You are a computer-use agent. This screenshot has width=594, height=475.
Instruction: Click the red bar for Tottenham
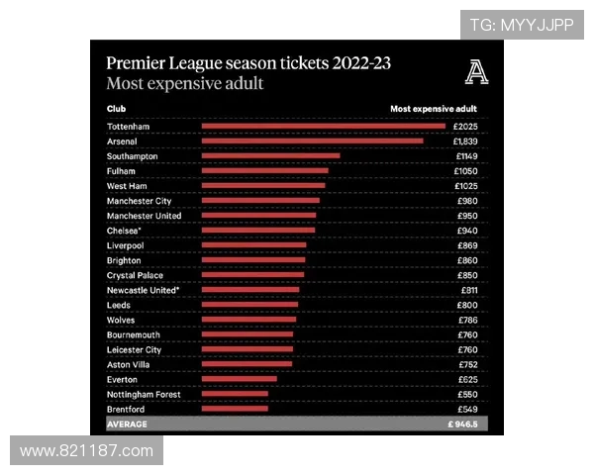coord(323,127)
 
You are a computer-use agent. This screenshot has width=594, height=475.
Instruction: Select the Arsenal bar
coord(312,142)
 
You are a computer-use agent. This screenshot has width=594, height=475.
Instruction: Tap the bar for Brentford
coord(235,409)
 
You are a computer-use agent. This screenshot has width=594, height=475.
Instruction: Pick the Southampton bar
coord(270,156)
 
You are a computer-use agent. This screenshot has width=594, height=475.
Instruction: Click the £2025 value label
coord(465,127)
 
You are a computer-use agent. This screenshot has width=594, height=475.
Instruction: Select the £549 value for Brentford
coord(467,409)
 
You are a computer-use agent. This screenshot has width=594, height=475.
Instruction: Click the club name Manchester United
coord(145,216)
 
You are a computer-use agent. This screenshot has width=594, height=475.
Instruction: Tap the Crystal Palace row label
coord(135,275)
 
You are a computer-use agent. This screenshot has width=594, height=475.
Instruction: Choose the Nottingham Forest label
coord(144,394)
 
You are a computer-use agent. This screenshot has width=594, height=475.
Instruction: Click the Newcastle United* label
coord(144,290)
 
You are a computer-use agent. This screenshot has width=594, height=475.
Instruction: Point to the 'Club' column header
coord(116,108)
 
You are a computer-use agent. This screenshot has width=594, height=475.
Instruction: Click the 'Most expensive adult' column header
coord(434,108)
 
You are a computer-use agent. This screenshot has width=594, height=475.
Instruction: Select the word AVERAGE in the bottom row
coord(127,424)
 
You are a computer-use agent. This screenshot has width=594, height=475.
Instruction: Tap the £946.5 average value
coord(461,424)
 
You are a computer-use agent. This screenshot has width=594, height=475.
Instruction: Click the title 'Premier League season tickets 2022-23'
coord(248,62)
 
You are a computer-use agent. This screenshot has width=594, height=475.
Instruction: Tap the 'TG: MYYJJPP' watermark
coord(521,25)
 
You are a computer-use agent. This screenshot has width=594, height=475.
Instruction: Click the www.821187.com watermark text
coord(86,451)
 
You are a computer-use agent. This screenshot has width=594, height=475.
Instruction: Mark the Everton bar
coord(239,379)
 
